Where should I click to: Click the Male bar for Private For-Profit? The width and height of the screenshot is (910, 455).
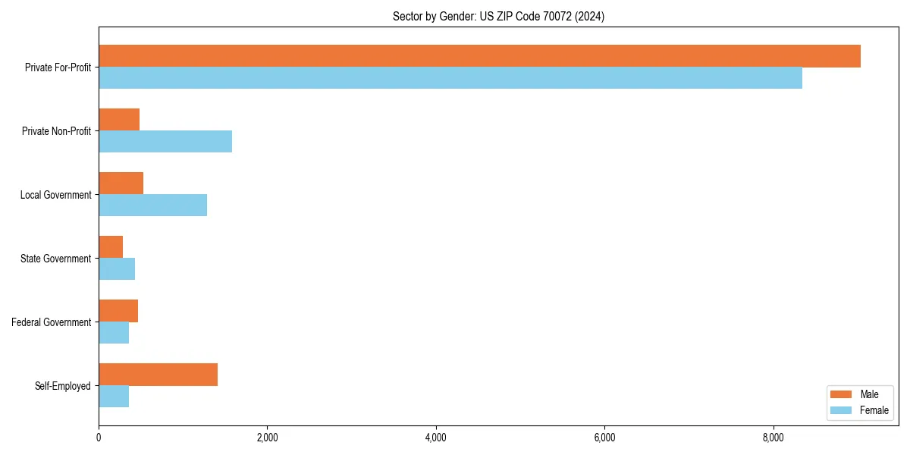click(479, 56)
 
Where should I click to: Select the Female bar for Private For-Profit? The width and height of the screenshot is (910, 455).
click(450, 78)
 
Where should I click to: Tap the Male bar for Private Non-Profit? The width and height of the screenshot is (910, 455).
click(119, 120)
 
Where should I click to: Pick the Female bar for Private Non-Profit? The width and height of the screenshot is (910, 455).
click(165, 142)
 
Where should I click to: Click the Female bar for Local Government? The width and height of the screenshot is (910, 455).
click(152, 206)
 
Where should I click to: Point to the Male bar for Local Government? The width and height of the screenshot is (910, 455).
click(121, 184)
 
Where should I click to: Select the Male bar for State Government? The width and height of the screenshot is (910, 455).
click(111, 247)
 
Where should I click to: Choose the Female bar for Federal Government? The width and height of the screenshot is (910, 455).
click(114, 333)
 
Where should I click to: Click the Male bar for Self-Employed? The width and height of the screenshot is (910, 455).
click(158, 375)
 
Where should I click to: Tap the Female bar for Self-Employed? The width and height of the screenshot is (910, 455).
click(114, 397)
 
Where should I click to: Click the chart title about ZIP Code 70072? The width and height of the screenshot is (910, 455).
click(498, 16)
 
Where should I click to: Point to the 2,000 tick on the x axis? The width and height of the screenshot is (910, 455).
click(267, 438)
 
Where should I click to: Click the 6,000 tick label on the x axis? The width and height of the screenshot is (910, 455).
click(604, 438)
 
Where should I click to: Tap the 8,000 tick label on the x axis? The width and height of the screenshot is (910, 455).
click(773, 438)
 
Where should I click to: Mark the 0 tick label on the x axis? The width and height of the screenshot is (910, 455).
click(99, 438)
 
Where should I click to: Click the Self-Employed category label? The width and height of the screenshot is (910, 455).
click(63, 386)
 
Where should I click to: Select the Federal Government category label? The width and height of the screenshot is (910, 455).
click(52, 322)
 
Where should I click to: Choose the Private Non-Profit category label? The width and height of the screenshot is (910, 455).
click(56, 131)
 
